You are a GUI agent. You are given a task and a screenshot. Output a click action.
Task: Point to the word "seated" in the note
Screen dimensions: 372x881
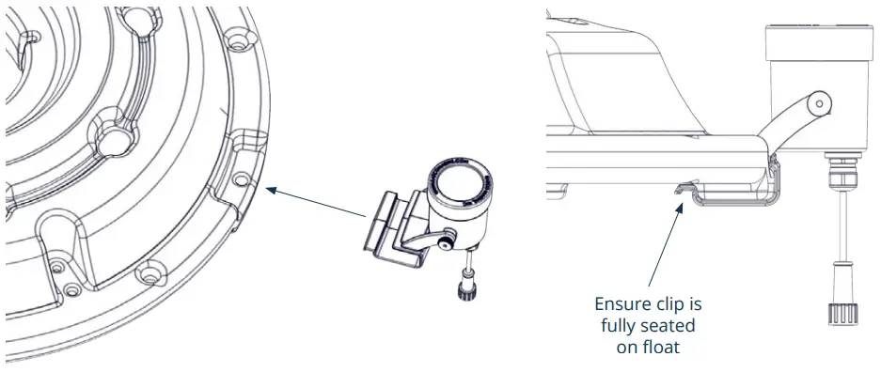click(x=676, y=325)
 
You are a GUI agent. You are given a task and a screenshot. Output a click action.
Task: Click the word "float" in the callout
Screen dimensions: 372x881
click(x=669, y=346)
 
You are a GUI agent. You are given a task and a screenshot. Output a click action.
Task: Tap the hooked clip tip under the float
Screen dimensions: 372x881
click(x=675, y=191)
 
